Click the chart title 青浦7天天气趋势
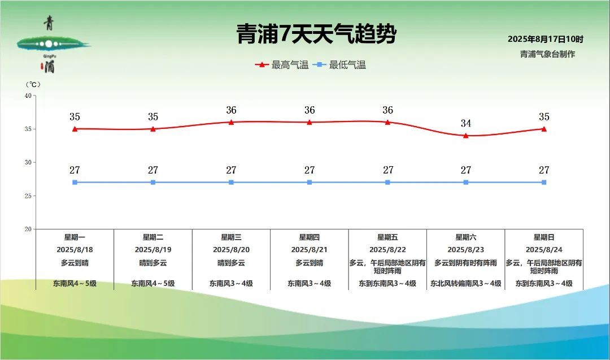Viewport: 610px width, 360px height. pos(316,33)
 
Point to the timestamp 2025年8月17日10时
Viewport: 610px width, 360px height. pos(546,39)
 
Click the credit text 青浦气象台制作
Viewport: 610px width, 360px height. pos(547,54)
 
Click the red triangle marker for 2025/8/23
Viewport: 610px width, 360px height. pos(465,136)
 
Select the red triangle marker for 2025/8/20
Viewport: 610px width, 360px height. pos(231,122)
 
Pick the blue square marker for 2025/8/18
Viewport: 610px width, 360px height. pos(75,182)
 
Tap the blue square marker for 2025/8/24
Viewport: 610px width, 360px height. pos(544,182)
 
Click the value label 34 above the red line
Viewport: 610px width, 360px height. pos(465,123)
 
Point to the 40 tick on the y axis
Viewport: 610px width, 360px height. pos(28,96)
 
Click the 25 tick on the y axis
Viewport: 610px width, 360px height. pos(28,196)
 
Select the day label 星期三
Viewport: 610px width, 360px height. pos(231,237)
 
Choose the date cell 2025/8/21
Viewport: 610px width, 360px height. pos(310,249)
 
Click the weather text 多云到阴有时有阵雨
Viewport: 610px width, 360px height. pos(465,263)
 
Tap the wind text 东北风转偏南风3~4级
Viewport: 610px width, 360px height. pos(465,283)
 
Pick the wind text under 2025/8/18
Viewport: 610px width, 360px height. pos(75,283)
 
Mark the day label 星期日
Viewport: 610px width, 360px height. pos(544,237)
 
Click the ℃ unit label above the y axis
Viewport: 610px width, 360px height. pos(33,84)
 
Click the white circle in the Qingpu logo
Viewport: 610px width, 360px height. pos(49,44)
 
